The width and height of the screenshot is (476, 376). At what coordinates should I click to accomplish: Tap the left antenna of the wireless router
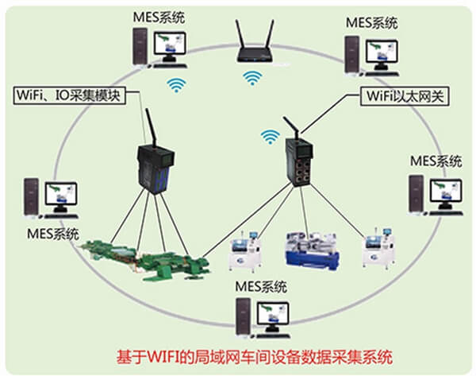tap(239, 34)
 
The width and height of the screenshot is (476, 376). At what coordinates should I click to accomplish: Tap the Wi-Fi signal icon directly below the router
tap(252, 79)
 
